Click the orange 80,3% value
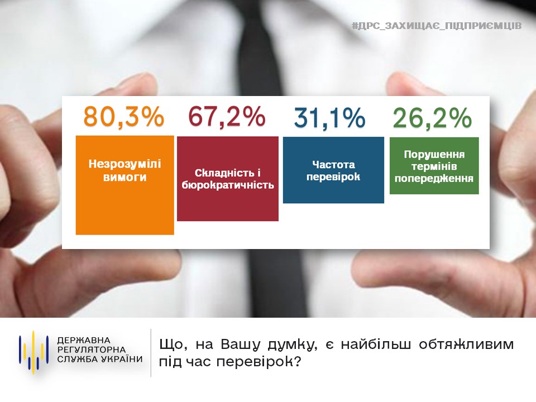[x=124, y=117]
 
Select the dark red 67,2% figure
[x=227, y=117]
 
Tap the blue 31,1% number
[x=329, y=118]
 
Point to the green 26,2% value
[x=432, y=118]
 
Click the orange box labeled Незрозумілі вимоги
[x=125, y=185]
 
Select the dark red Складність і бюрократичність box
[x=228, y=179]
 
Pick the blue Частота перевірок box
[x=333, y=170]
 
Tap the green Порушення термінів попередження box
[x=434, y=166]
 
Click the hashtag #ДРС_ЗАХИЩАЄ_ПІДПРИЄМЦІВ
[x=437, y=26]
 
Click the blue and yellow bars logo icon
[x=33, y=352]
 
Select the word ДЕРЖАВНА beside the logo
[x=84, y=341]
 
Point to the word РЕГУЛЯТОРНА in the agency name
[x=92, y=350]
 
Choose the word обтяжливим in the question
[x=466, y=344]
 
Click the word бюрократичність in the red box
[x=228, y=185]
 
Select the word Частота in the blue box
[x=334, y=164]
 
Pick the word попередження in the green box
[x=434, y=178]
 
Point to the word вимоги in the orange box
[x=125, y=177]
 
